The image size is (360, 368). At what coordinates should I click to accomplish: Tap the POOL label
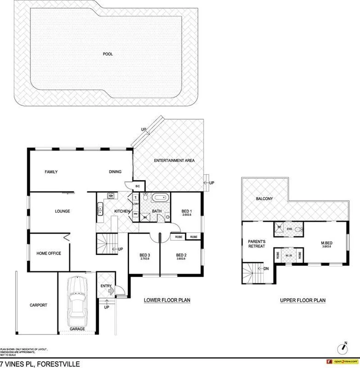point(108,54)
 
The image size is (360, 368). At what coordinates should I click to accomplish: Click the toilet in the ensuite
point(297,229)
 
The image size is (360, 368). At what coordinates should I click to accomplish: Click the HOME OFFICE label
point(49,253)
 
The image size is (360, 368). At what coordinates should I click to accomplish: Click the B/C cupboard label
point(137,186)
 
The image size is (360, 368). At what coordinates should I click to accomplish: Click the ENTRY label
point(106,286)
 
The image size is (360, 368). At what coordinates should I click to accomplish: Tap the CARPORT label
point(38,305)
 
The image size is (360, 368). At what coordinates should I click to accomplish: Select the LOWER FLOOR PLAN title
point(167,300)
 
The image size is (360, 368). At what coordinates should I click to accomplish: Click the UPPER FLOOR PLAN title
point(303,300)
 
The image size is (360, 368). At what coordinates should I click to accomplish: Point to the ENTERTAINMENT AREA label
point(174,161)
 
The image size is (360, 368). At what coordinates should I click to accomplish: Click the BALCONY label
point(264,199)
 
